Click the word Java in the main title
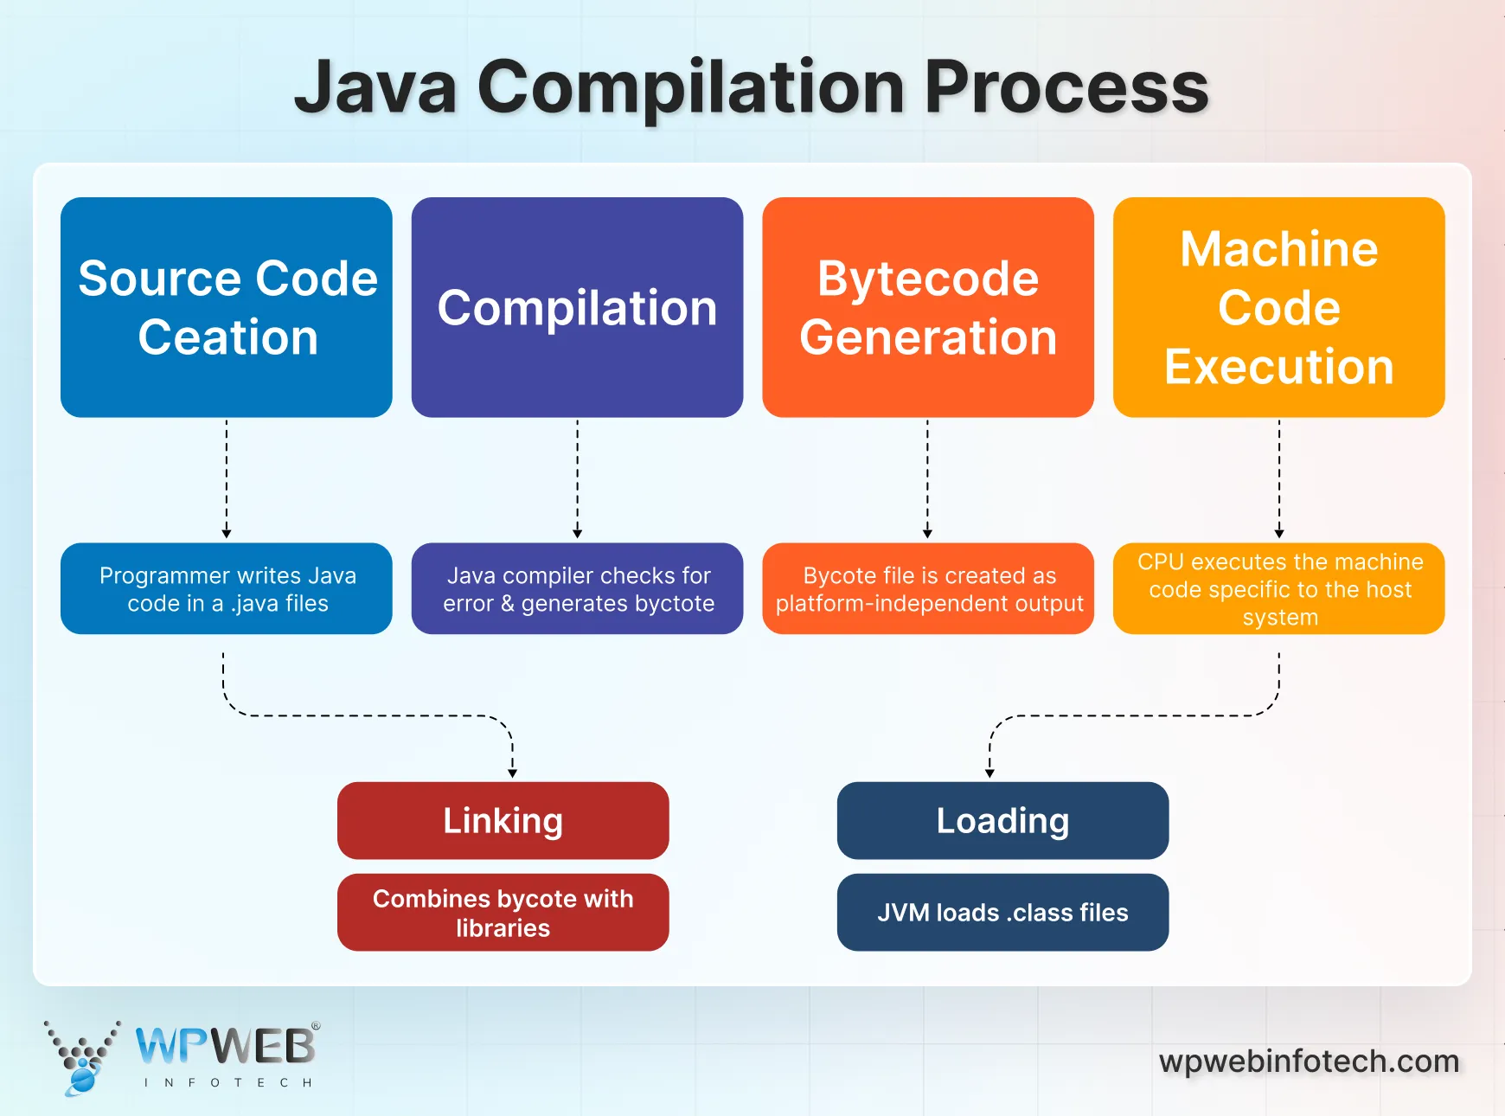pos(375,87)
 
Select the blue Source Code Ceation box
pos(227,307)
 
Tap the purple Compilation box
pos(577,307)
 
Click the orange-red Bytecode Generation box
pos(927,307)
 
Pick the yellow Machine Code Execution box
pos(1278,307)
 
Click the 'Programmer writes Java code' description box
pos(227,589)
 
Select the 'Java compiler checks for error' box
pos(577,589)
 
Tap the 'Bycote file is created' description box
pos(927,589)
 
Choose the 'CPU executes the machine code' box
pos(1278,589)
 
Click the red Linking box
pos(503,820)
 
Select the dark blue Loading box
pos(1002,820)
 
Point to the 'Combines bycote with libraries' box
pos(503,913)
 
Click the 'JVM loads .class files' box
pos(1002,913)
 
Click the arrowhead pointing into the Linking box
pos(512,773)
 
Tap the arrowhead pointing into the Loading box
pos(989,773)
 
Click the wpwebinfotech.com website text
pos(1309,1061)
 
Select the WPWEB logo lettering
pos(227,1046)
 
